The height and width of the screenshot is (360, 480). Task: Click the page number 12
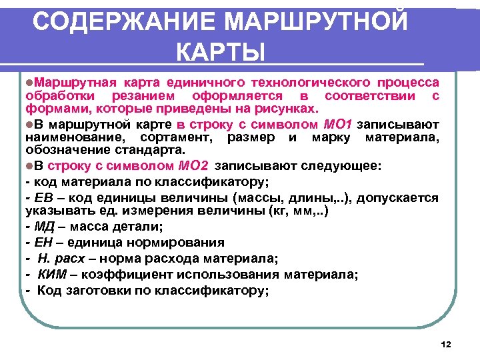(447, 345)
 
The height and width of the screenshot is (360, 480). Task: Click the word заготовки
(95, 290)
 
